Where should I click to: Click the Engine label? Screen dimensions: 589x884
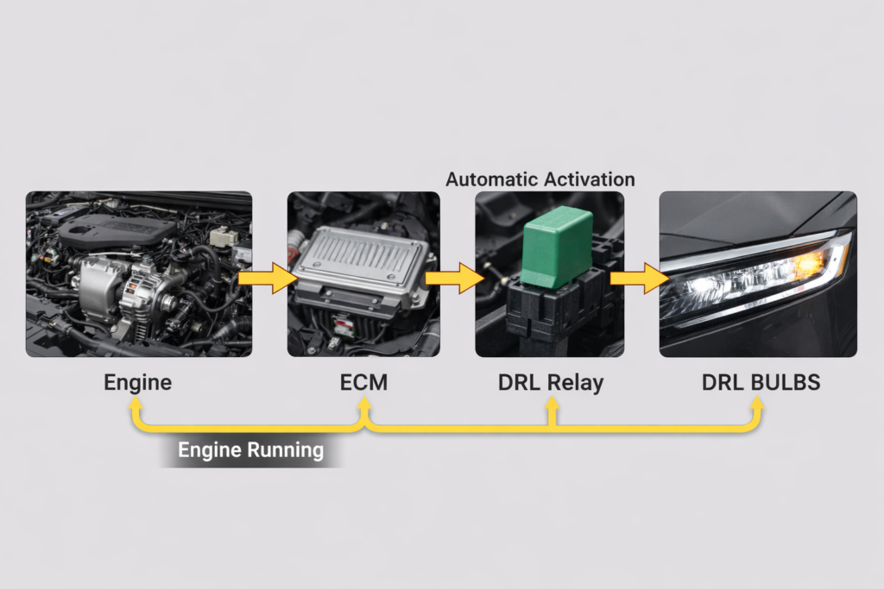138,382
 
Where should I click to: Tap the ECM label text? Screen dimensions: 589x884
364,382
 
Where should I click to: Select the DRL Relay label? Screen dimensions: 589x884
551,382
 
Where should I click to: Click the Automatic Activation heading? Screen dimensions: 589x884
540,179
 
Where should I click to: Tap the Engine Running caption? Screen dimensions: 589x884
250,449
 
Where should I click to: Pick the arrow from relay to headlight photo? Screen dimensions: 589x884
640,279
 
